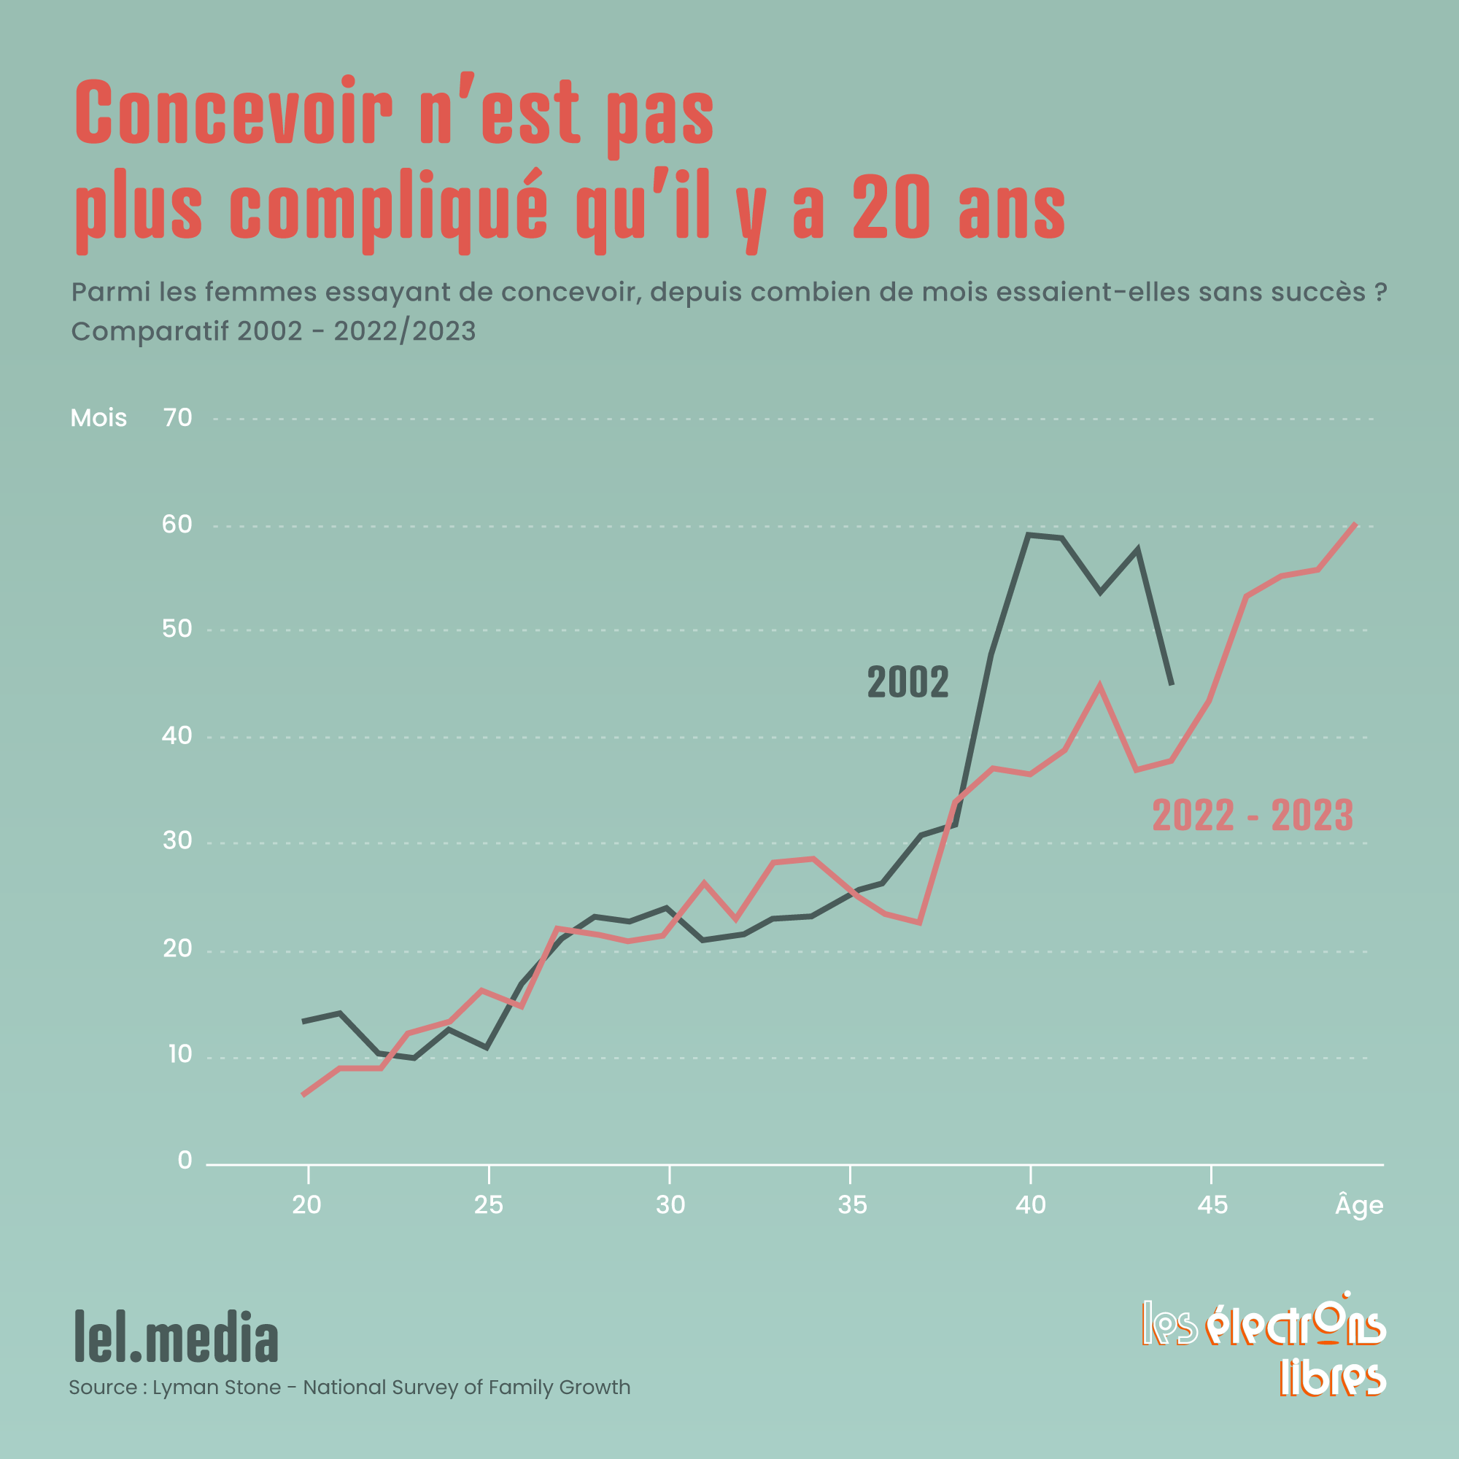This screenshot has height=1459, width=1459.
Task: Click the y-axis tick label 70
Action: (x=177, y=417)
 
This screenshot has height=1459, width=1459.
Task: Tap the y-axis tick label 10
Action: (x=179, y=1054)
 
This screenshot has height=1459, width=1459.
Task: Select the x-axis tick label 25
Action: (x=489, y=1205)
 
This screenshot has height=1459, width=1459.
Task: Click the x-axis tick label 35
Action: (x=852, y=1205)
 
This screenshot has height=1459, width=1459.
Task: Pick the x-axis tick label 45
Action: (x=1212, y=1205)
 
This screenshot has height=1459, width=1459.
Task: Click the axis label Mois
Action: (x=98, y=417)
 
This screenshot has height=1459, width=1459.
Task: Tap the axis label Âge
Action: (x=1359, y=1205)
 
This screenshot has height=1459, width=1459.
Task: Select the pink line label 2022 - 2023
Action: (x=1252, y=816)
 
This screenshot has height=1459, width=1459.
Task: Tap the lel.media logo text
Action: (x=176, y=1336)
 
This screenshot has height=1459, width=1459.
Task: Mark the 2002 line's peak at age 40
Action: (x=1029, y=535)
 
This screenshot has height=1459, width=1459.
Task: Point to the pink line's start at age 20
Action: (x=303, y=1094)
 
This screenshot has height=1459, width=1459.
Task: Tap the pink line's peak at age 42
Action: (x=1099, y=686)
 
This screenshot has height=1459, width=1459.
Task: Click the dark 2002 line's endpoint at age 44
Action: (x=1172, y=685)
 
